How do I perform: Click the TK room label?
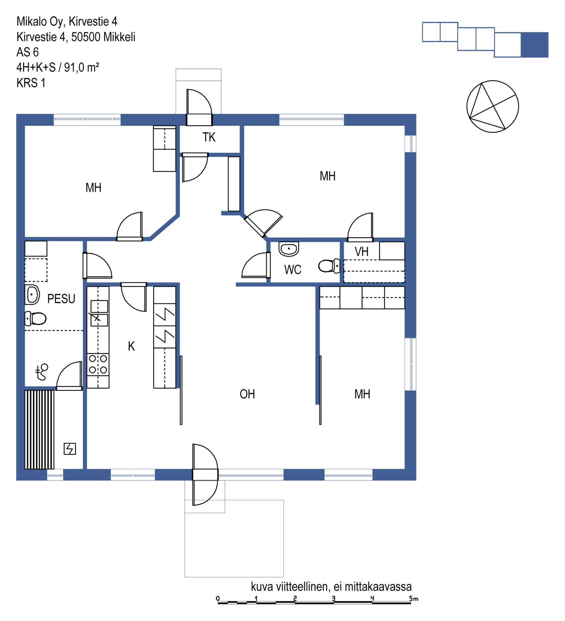(209, 137)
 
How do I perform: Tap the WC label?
(293, 269)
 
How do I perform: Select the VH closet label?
(362, 252)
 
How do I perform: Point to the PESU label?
(61, 299)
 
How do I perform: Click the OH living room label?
(247, 394)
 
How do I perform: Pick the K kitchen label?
(131, 346)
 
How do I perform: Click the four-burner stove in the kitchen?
(98, 364)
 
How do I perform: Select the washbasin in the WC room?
(289, 249)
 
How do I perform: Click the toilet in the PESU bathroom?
(36, 319)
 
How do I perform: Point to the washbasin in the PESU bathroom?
(32, 295)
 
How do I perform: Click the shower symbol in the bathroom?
(42, 372)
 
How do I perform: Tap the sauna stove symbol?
(70, 449)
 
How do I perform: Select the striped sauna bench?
(39, 430)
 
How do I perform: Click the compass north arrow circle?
(493, 81)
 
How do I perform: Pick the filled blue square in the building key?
(534, 45)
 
